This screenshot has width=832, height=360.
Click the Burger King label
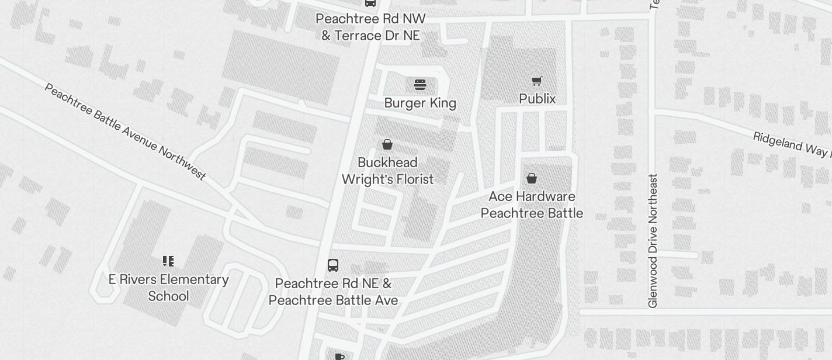[x=420, y=103]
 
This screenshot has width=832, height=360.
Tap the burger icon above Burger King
[x=420, y=85]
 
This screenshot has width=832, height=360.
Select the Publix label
[x=537, y=99]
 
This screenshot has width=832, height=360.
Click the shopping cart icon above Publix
[x=536, y=81]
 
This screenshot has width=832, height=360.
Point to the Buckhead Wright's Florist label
[x=387, y=171]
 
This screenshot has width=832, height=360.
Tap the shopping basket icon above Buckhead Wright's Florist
[x=387, y=144]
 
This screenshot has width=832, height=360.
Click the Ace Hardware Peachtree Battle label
[x=532, y=205]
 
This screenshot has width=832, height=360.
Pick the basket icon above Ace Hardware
[x=532, y=178]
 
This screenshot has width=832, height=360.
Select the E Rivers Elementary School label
[x=168, y=288]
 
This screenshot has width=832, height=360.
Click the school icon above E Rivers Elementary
[x=168, y=261]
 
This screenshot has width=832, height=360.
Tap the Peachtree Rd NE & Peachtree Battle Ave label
[x=333, y=292]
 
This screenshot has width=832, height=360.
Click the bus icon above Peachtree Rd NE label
[x=333, y=265]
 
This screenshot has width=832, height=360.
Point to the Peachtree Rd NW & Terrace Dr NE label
[x=370, y=27]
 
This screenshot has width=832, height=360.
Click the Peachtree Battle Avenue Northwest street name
[x=125, y=132]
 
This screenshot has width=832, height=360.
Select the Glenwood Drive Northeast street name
[x=653, y=241]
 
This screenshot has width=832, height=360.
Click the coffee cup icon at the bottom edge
[x=339, y=356]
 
